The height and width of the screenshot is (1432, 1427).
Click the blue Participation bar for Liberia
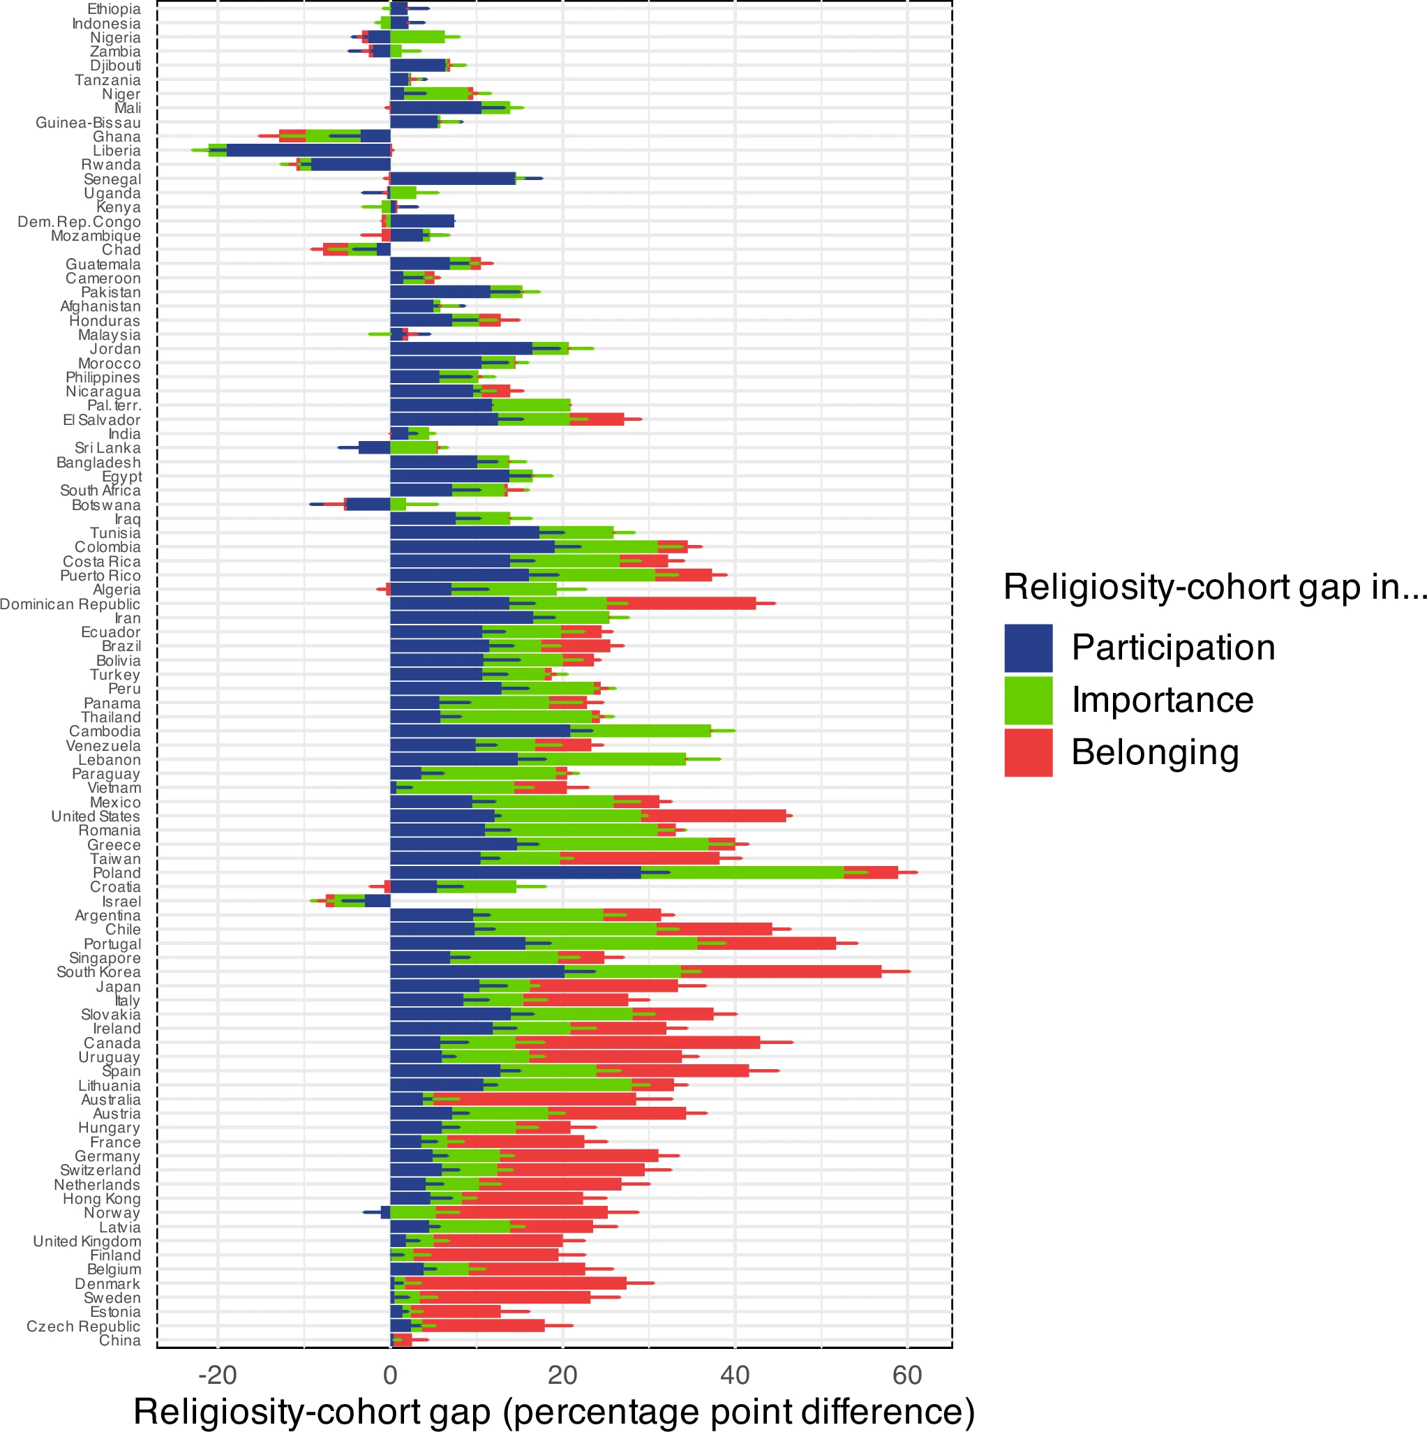coord(308,151)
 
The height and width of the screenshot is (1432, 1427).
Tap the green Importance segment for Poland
coord(741,872)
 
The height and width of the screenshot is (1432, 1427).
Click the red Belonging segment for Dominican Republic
coord(680,604)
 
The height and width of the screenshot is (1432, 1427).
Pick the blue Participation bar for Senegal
coord(452,179)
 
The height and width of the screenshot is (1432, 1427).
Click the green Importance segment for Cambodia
coord(640,731)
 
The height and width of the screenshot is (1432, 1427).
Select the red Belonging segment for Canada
coord(638,1043)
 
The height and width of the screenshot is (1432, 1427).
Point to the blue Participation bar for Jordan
coord(461,348)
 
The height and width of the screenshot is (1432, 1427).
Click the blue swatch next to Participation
coord(1028,648)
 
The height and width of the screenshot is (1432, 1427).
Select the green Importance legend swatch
coord(1028,700)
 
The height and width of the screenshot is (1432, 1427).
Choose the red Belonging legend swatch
coord(1028,752)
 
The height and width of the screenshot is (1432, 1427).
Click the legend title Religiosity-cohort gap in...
coord(1213,587)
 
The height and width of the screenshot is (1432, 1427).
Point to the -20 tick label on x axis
coord(217,1375)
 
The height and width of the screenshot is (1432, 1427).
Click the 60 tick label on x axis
coord(906,1375)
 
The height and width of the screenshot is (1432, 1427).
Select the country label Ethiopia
coord(114,9)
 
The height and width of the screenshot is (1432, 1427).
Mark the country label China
coord(119,1340)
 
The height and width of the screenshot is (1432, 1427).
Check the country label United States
coord(95,816)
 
